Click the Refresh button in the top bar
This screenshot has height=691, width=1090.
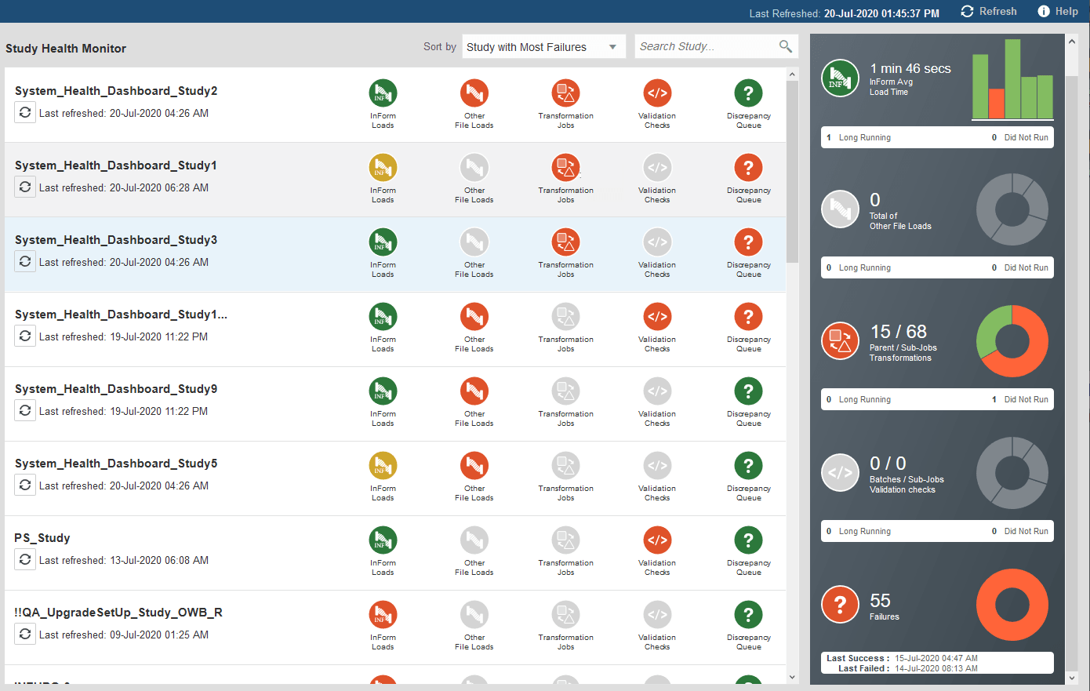[x=989, y=12]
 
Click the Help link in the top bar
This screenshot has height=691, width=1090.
[x=1058, y=12]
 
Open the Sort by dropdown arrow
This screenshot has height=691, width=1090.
[x=612, y=47]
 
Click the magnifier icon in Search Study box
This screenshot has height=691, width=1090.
[x=785, y=46]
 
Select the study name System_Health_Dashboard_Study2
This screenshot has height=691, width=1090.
[x=116, y=91]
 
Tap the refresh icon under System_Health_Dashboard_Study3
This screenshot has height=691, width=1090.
[x=25, y=261]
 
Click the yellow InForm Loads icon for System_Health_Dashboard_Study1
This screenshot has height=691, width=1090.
[x=383, y=167]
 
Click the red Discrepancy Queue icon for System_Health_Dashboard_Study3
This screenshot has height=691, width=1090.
[x=748, y=242]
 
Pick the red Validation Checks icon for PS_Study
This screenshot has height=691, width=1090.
[x=657, y=540]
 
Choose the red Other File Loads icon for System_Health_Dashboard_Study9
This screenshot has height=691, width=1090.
[x=474, y=391]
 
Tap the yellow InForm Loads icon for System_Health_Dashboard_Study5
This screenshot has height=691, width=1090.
[x=383, y=465]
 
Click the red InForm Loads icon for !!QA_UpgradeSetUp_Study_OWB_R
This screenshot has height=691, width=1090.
[x=383, y=614]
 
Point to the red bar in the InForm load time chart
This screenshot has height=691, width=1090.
[x=996, y=104]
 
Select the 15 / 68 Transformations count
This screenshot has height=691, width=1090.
[x=898, y=332]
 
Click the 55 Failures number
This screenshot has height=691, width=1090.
[x=880, y=601]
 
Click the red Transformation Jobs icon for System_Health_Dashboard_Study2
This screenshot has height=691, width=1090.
[x=565, y=93]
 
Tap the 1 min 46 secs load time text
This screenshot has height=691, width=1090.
[x=910, y=69]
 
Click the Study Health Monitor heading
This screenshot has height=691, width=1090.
[x=66, y=49]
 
